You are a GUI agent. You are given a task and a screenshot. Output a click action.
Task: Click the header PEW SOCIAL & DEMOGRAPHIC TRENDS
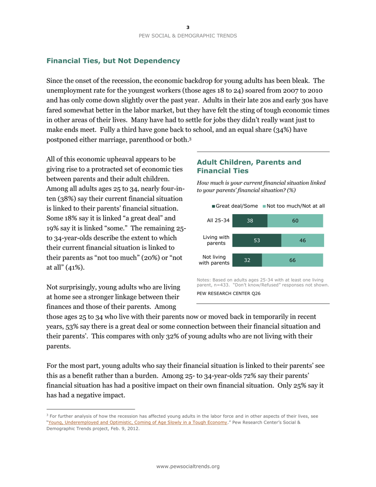(x=188, y=36)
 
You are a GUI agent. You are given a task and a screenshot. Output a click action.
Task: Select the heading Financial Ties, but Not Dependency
(x=113, y=61)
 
